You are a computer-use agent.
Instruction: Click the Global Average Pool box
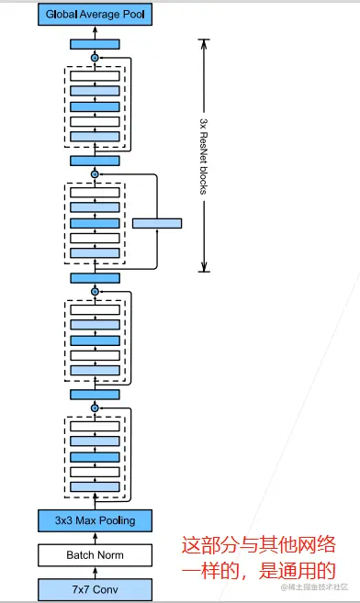95,14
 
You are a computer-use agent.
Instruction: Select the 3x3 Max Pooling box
95,520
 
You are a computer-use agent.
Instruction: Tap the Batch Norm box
95,555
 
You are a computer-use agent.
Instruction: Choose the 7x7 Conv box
95,589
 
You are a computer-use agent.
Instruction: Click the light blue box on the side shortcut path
157,223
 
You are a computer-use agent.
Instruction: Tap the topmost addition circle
95,58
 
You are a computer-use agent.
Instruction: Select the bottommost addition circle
95,407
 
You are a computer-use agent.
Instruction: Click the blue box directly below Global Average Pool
95,43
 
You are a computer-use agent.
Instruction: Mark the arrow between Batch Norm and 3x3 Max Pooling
95,538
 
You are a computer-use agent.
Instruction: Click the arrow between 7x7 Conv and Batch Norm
95,573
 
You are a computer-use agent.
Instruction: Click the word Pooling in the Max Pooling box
114,520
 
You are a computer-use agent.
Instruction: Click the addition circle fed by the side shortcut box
95,174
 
